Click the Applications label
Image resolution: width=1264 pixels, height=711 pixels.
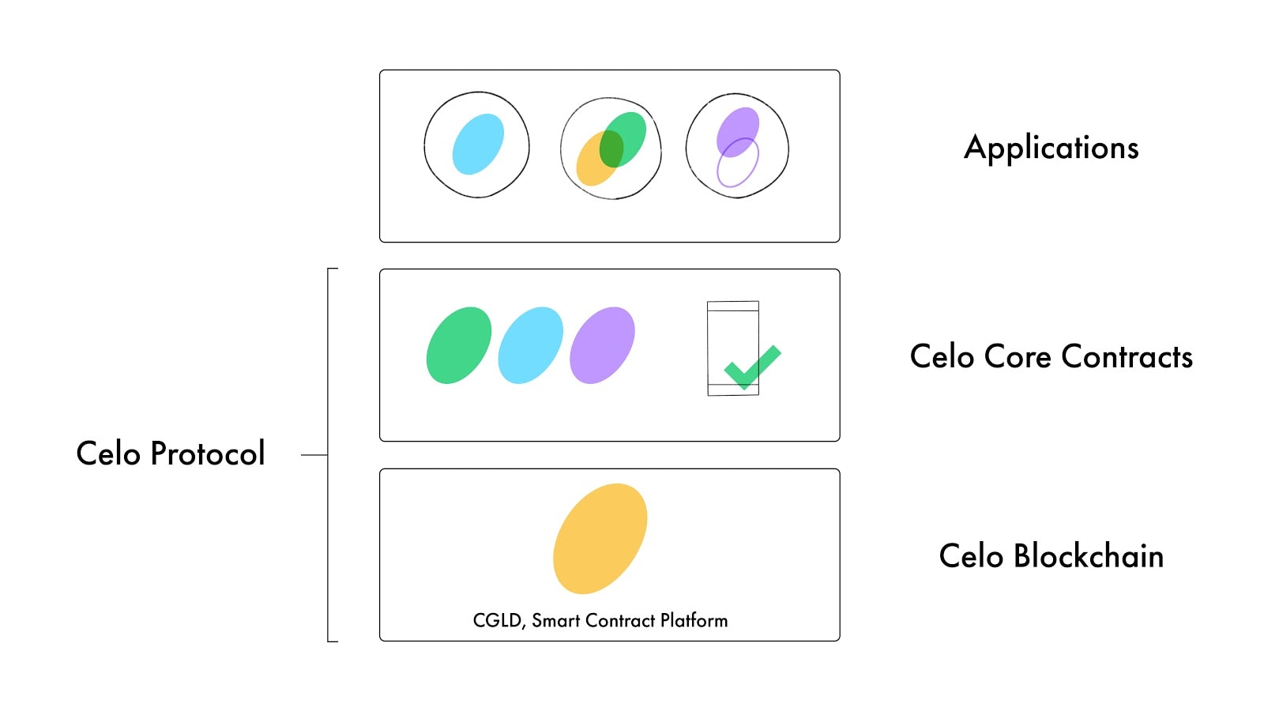(x=1051, y=149)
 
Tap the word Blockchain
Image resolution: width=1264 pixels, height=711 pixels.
(x=1088, y=556)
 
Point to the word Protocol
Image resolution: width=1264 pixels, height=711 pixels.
(x=207, y=454)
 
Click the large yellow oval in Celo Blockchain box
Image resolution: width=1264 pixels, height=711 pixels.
(x=600, y=538)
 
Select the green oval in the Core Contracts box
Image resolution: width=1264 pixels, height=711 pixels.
(x=458, y=346)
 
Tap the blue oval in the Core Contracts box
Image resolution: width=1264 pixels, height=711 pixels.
(x=530, y=346)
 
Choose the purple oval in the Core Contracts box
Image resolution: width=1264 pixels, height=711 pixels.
(x=602, y=346)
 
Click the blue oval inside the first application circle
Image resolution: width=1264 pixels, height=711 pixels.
(x=477, y=144)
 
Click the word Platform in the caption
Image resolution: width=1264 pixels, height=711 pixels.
(x=694, y=621)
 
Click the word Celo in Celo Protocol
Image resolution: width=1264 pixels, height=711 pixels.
(x=108, y=454)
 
